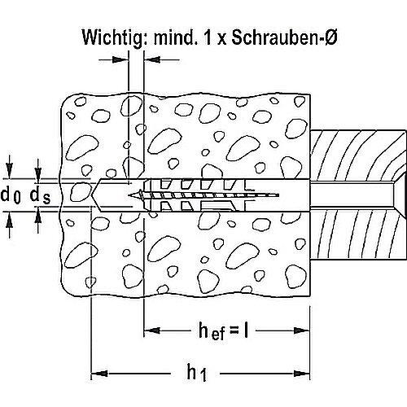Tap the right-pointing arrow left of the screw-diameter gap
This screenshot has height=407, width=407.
(122, 59)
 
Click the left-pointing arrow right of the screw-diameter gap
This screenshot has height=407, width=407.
(150, 59)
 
